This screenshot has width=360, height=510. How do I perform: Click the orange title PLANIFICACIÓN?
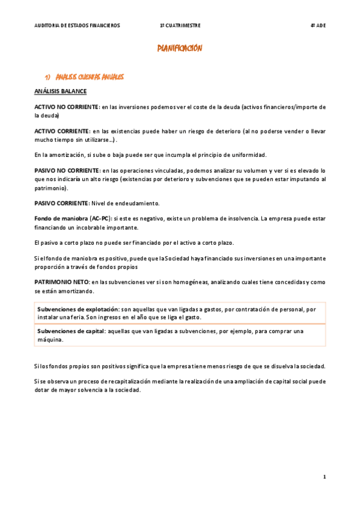tap(180, 49)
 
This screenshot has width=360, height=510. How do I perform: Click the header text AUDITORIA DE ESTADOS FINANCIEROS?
tap(77, 26)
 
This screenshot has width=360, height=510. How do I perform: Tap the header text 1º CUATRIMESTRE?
tap(180, 26)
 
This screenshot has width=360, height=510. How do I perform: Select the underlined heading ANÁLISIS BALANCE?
tap(60, 91)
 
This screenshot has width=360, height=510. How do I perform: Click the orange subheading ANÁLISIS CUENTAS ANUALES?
tap(90, 77)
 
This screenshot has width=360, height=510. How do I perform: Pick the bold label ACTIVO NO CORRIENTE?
tap(66, 107)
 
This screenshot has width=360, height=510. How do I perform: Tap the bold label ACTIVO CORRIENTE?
tap(61, 131)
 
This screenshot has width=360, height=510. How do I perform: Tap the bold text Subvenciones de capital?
tap(71, 331)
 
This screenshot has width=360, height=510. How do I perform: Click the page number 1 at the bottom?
tap(324, 477)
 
